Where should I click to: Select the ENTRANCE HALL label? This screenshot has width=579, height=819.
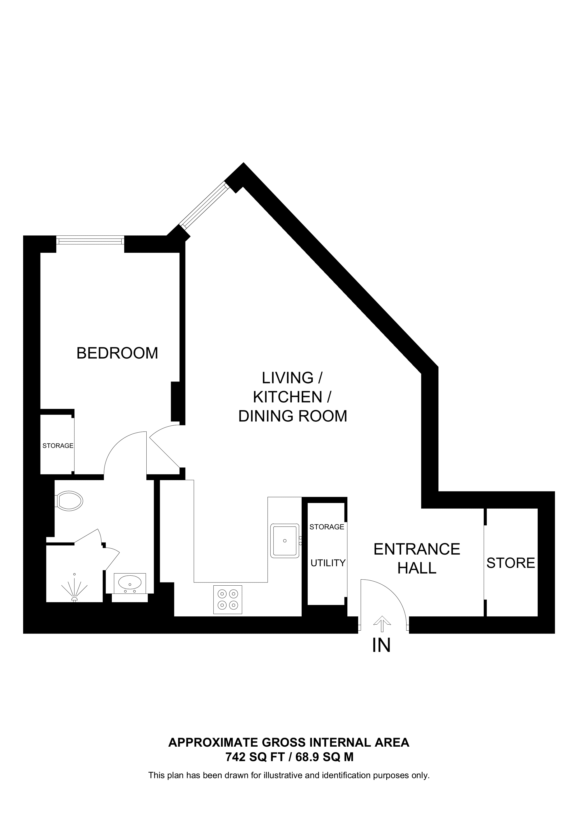pos(417,559)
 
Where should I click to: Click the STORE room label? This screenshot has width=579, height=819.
pos(511,563)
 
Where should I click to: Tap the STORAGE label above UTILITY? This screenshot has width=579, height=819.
pos(327,527)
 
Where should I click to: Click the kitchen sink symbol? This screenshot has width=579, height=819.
pos(285,541)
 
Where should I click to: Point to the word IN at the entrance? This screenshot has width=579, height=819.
pos(381,645)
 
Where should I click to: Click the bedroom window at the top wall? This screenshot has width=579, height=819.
pos(90,241)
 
